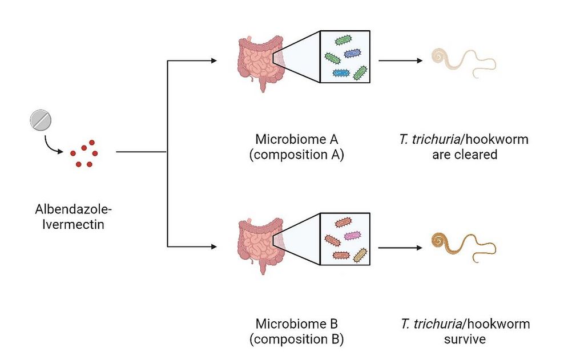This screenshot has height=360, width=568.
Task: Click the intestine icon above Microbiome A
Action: (x=260, y=63)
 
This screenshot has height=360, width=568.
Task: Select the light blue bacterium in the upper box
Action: (x=341, y=73)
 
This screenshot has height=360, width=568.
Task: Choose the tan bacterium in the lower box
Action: (x=360, y=255)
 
